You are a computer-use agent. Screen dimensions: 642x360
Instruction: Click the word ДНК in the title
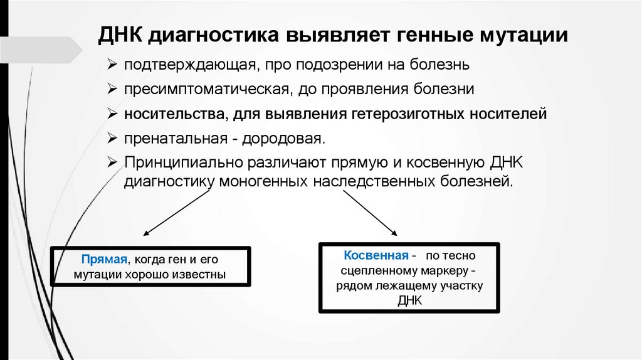120,34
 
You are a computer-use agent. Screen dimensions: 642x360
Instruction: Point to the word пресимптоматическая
205,90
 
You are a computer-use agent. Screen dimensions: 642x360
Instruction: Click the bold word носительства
174,115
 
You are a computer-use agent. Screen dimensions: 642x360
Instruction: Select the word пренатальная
164,139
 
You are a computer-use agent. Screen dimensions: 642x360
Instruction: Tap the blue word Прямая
103,259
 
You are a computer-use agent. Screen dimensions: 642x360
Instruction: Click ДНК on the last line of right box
410,300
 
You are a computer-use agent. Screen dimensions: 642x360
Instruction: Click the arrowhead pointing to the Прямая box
147,233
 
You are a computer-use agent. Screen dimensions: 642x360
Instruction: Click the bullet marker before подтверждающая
111,65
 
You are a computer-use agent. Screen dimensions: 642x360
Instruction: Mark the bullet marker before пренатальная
111,139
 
